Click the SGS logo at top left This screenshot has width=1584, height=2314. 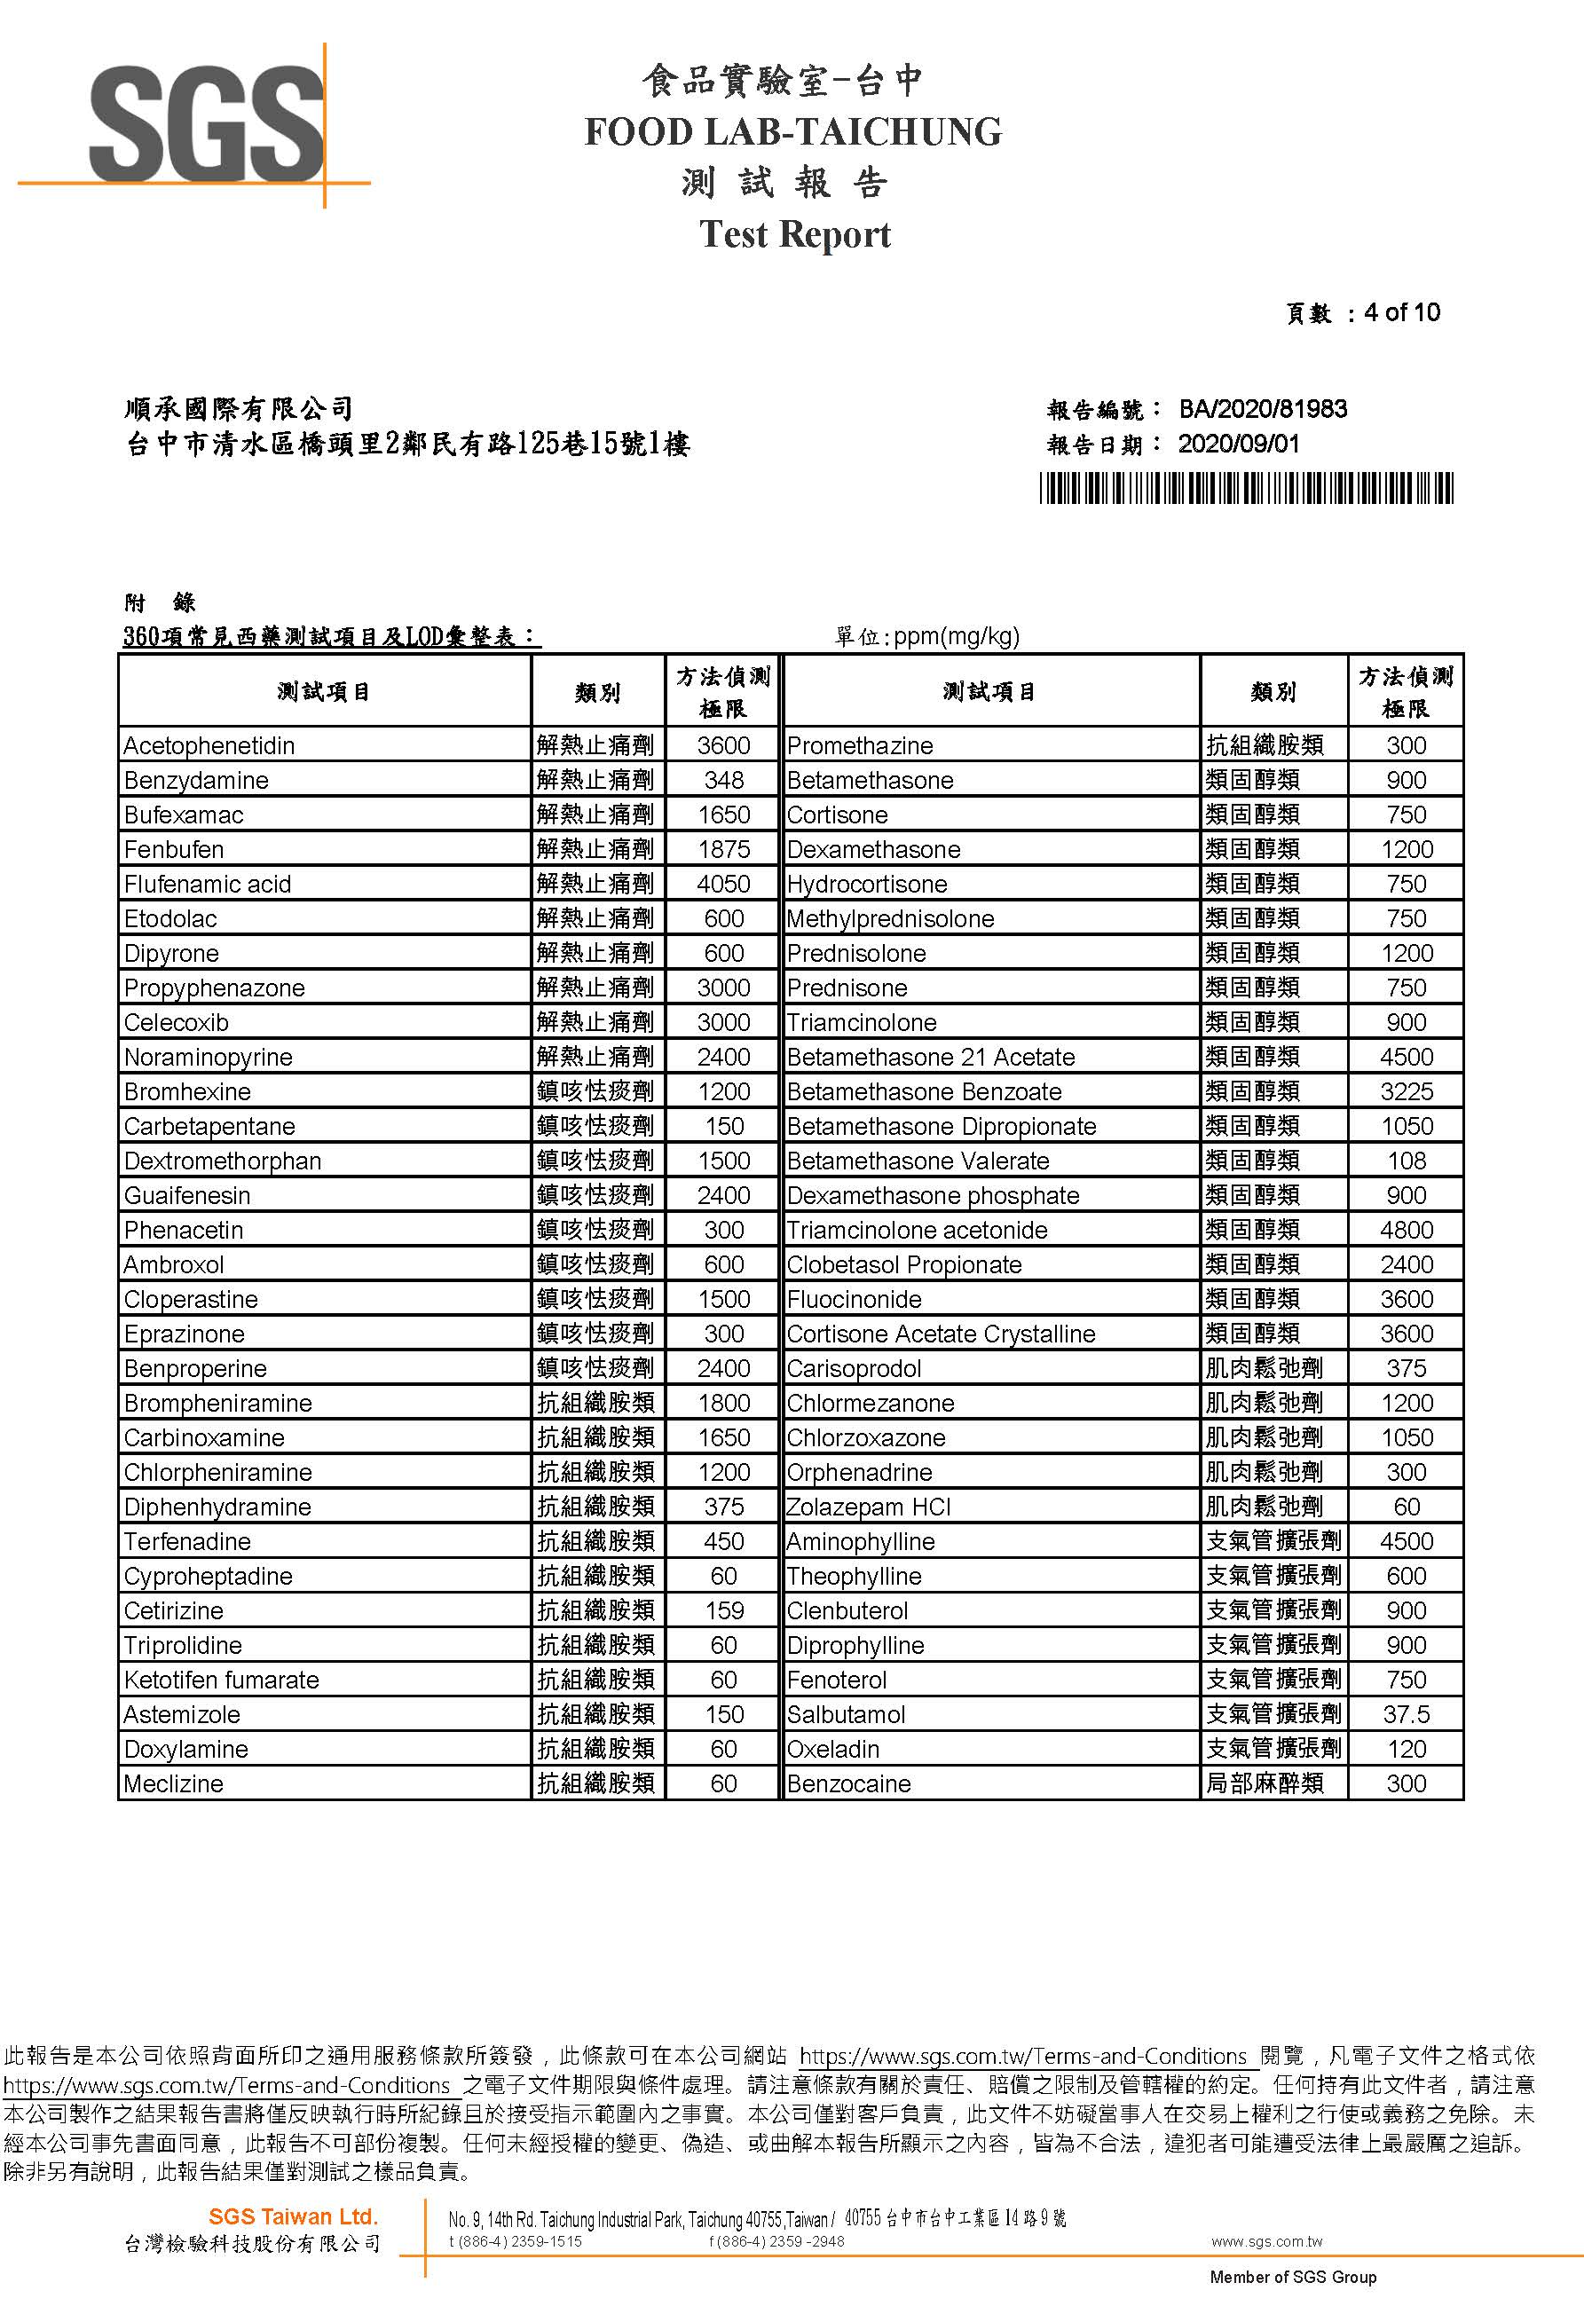pyautogui.click(x=206, y=124)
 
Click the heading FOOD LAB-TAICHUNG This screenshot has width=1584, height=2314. pyautogui.click(x=792, y=132)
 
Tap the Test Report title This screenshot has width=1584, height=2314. pyautogui.click(x=794, y=235)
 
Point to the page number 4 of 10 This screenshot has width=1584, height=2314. pyautogui.click(x=1402, y=312)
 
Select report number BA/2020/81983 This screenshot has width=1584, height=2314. pyautogui.click(x=1263, y=409)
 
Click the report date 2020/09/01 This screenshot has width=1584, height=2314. pyautogui.click(x=1239, y=445)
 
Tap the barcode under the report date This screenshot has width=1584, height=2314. pyautogui.click(x=1247, y=489)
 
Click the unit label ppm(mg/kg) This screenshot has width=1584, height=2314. pyautogui.click(x=956, y=636)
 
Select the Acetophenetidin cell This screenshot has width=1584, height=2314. pyautogui.click(x=209, y=746)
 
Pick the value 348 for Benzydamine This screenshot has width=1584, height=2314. pyautogui.click(x=724, y=781)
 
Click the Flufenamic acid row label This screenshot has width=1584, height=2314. pyautogui.click(x=207, y=885)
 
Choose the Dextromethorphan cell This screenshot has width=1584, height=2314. pyautogui.click(x=222, y=1161)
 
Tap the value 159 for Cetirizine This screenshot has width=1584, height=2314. pyautogui.click(x=724, y=1611)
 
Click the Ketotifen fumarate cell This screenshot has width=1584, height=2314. pyautogui.click(x=221, y=1680)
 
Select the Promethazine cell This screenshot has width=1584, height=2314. pyautogui.click(x=860, y=746)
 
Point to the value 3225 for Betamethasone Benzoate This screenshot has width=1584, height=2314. pyautogui.click(x=1406, y=1092)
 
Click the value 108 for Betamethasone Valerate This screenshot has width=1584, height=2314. pyautogui.click(x=1406, y=1161)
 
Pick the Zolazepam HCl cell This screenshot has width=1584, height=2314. pyautogui.click(x=868, y=1507)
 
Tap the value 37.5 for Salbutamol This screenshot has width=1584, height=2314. pyautogui.click(x=1406, y=1714)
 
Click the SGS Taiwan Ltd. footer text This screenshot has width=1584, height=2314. pyautogui.click(x=293, y=2216)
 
